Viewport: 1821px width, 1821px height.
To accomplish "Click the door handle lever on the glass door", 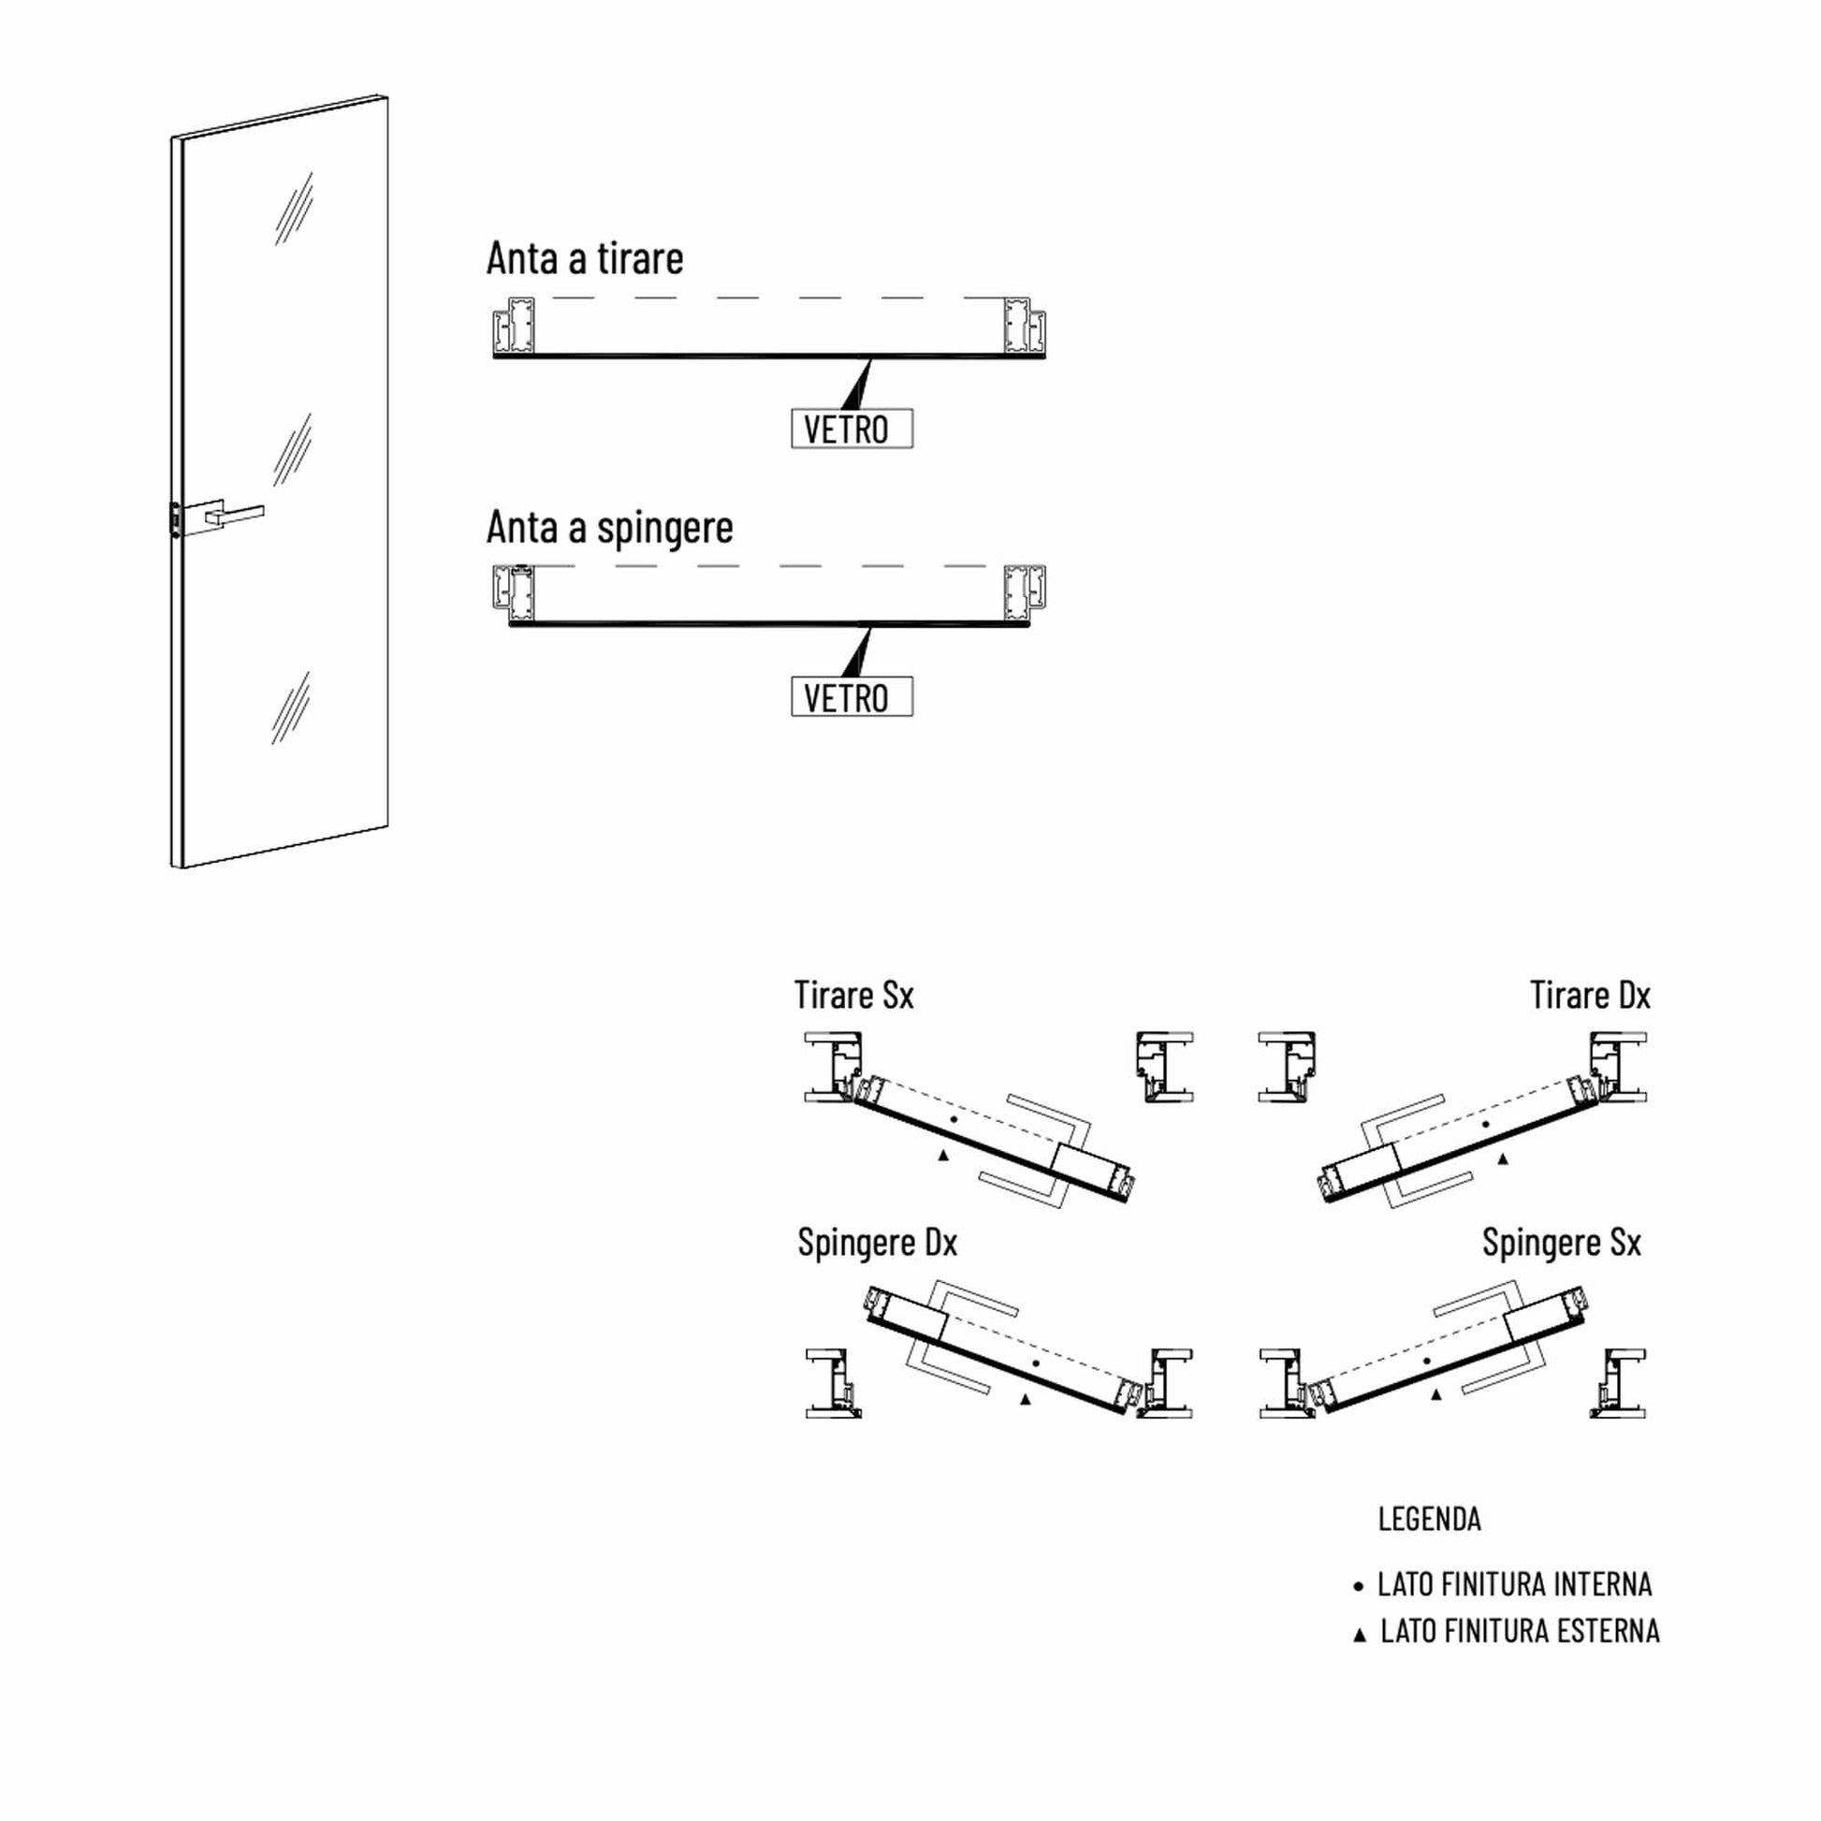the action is [x=235, y=515].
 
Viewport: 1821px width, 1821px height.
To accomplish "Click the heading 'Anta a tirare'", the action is [x=584, y=258].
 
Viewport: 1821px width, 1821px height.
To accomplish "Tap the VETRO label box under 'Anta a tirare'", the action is [x=852, y=429].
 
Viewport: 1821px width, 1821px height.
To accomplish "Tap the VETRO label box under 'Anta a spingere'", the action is [x=852, y=696].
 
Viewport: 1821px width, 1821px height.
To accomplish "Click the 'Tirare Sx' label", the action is [x=854, y=996].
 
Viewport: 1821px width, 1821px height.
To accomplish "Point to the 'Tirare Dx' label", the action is [x=1590, y=996].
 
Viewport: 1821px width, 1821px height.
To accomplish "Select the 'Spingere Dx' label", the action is [x=878, y=1243].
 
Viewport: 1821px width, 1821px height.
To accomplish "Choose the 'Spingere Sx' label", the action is [x=1562, y=1243].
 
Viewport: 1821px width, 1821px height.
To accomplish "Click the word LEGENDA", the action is [x=1429, y=1520].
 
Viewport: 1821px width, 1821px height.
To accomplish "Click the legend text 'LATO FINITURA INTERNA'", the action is [x=1515, y=1584].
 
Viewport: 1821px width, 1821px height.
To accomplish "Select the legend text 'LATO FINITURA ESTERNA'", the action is [x=1520, y=1632].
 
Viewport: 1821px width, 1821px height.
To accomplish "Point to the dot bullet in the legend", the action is [x=1358, y=1587].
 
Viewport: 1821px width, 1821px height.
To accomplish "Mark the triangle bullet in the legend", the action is [x=1359, y=1636].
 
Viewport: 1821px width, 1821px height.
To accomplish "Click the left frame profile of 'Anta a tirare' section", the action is [x=514, y=327].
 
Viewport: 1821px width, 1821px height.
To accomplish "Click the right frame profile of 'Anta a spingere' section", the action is [x=1026, y=594].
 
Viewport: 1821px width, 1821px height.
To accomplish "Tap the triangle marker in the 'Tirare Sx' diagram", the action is [x=943, y=1155].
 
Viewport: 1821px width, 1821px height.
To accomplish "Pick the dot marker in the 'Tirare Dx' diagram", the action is [x=1486, y=1125].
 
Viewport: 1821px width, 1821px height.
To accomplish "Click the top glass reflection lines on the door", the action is [x=294, y=209].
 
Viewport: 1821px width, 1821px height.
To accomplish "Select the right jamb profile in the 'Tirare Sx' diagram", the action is [x=1165, y=1067].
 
